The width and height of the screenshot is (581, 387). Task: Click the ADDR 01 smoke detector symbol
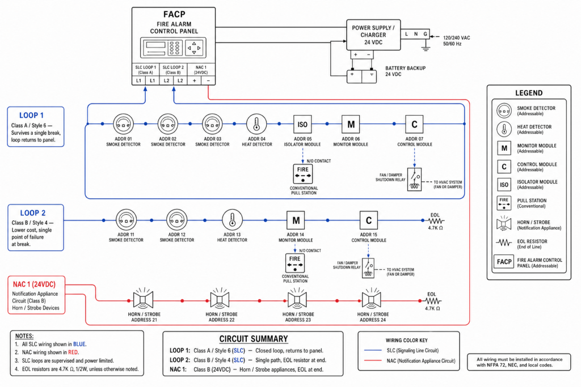click(123, 124)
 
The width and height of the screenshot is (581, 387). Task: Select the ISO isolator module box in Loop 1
click(302, 124)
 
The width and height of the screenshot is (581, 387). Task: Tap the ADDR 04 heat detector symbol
click(256, 124)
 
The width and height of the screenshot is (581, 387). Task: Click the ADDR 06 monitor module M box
click(351, 124)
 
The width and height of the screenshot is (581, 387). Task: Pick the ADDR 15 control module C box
click(369, 220)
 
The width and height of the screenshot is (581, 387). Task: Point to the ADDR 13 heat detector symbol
click(232, 220)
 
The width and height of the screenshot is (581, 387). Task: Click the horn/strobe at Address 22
click(220, 299)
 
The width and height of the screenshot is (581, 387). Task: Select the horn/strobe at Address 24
click(372, 299)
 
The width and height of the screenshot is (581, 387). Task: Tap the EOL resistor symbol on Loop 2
click(436, 221)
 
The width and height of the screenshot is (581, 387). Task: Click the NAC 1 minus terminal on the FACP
click(208, 80)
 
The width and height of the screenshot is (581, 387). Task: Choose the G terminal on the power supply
click(426, 34)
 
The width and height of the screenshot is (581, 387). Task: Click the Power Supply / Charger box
click(373, 35)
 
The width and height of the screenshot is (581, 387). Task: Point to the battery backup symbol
click(361, 76)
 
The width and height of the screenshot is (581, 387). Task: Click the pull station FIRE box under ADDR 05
click(303, 174)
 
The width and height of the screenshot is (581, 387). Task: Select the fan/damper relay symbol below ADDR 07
click(414, 180)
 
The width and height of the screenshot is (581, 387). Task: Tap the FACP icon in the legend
click(504, 262)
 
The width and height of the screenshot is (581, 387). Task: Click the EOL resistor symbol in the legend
click(504, 243)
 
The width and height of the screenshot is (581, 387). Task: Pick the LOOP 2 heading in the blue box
click(32, 213)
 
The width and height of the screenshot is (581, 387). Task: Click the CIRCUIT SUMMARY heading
click(254, 339)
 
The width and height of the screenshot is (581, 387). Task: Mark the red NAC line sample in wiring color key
click(373, 360)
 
